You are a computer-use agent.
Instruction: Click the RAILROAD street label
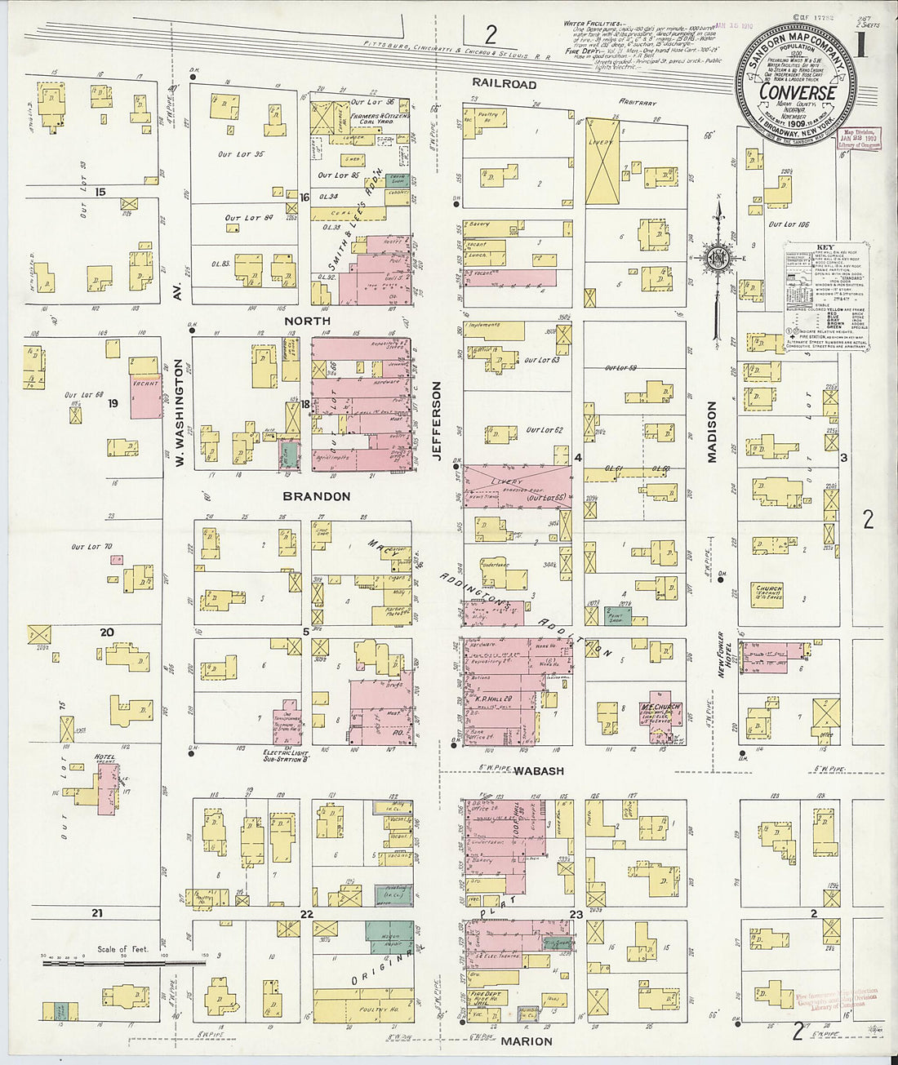coord(504,84)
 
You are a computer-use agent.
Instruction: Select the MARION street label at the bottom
coord(527,1041)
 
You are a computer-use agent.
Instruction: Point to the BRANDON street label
coord(317,496)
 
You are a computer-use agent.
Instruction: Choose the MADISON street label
coord(712,432)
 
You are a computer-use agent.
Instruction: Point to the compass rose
coord(718,260)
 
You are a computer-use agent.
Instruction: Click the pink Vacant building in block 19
coord(145,397)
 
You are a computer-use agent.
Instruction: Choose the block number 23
coord(576,915)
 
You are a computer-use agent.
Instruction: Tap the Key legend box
coord(826,295)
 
